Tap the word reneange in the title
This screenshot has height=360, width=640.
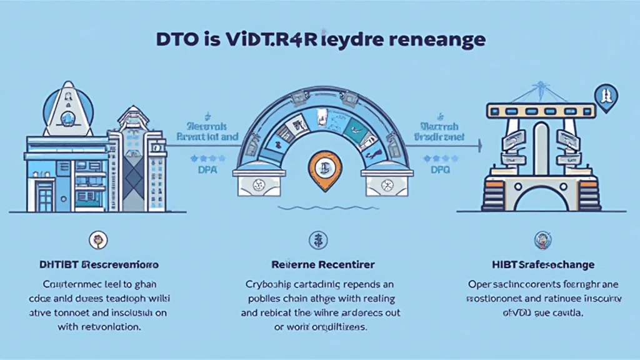pyautogui.click(x=436, y=40)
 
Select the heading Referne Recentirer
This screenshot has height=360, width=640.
pyautogui.click(x=319, y=265)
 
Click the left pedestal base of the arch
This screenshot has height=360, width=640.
pyautogui.click(x=256, y=184)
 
